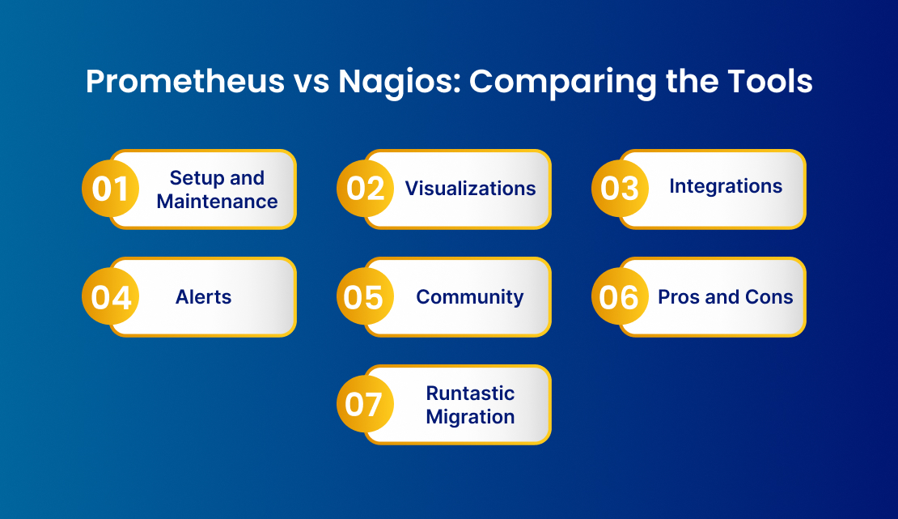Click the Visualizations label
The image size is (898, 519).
click(x=470, y=189)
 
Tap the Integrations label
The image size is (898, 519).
click(x=726, y=186)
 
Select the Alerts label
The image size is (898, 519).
click(x=204, y=297)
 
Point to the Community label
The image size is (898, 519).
click(x=470, y=297)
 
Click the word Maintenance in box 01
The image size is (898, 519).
click(x=217, y=201)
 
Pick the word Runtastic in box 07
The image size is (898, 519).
click(x=470, y=393)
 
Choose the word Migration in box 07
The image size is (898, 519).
click(x=470, y=417)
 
